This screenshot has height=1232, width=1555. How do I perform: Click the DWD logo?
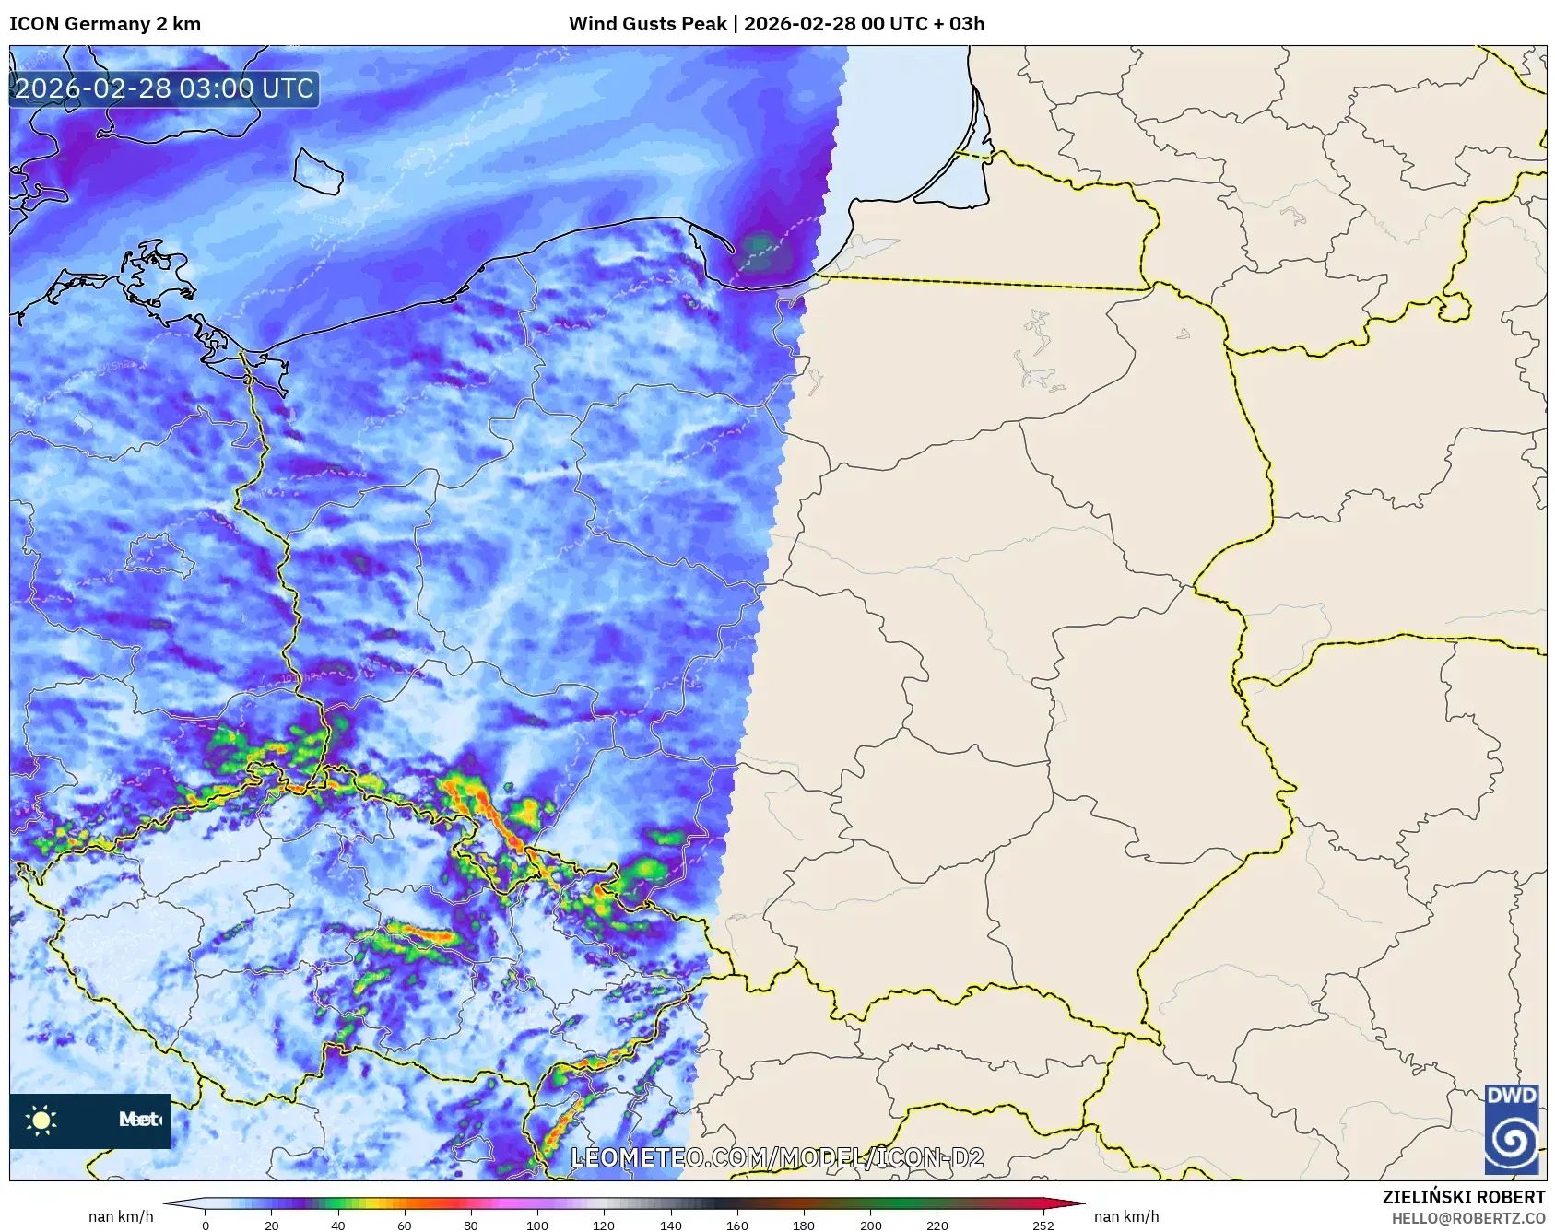(x=1512, y=1130)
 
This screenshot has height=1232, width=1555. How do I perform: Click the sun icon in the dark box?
(x=41, y=1121)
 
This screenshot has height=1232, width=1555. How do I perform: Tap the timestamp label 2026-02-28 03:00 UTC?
(x=164, y=88)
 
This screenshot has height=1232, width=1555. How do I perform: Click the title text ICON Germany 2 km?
(x=105, y=24)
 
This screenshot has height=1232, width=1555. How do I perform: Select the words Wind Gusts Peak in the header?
(x=647, y=24)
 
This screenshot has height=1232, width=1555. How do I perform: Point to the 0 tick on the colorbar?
(x=206, y=1225)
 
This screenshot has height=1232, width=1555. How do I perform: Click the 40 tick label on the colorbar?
(x=338, y=1225)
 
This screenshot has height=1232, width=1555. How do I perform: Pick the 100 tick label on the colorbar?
(x=537, y=1225)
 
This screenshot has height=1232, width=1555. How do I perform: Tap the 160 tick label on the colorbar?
(x=737, y=1225)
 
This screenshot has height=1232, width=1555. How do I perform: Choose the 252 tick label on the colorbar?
(x=1043, y=1225)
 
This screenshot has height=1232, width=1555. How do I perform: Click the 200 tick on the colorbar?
(x=870, y=1225)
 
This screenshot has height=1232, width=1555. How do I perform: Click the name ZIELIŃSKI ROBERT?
(x=1464, y=1197)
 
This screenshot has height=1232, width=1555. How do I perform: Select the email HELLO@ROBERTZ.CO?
(x=1468, y=1218)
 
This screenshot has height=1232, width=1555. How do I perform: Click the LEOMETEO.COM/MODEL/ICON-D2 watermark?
(x=777, y=1157)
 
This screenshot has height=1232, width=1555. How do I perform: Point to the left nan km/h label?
(x=121, y=1216)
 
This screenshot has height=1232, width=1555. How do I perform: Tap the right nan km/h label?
(x=1126, y=1216)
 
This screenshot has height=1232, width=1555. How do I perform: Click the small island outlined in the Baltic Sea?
(x=318, y=171)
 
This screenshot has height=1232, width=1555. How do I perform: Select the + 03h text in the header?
(x=956, y=24)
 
